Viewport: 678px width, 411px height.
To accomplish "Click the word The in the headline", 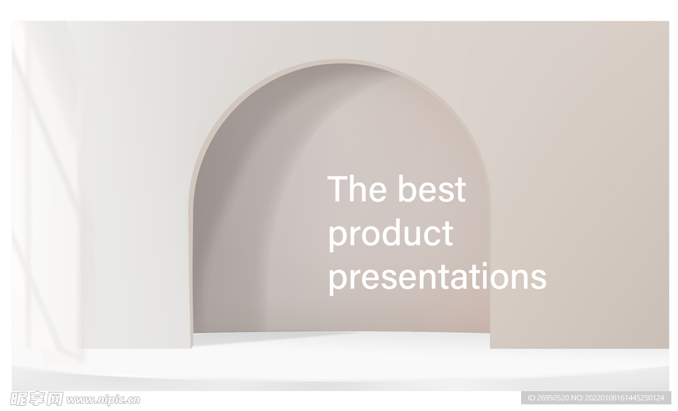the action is click(x=357, y=189).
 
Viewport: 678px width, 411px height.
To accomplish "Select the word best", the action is click(x=432, y=189).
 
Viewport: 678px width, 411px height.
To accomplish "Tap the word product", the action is click(x=391, y=234).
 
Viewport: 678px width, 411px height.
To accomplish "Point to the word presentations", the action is click(x=438, y=277).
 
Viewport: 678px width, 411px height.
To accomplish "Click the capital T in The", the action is click(x=338, y=189).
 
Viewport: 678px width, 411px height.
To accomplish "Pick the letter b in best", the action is click(x=407, y=189).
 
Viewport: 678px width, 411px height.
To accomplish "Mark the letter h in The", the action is click(x=360, y=189).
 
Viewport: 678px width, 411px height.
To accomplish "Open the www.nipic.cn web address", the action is click(x=103, y=400).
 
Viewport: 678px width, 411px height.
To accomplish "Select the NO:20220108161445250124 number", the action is click(x=618, y=398).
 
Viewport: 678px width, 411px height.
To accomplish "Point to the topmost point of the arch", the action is click(x=340, y=60).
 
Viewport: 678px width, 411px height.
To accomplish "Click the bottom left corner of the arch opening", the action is click(x=191, y=347).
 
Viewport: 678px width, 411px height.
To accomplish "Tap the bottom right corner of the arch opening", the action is click(x=491, y=347).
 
